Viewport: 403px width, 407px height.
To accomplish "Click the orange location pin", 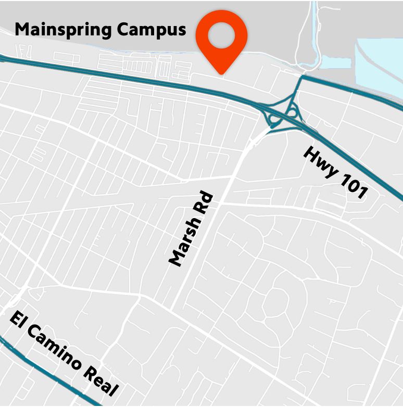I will click(x=221, y=39).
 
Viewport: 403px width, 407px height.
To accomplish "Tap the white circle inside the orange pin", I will click(x=221, y=35).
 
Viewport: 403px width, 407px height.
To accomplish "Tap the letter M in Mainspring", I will click(x=22, y=29).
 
